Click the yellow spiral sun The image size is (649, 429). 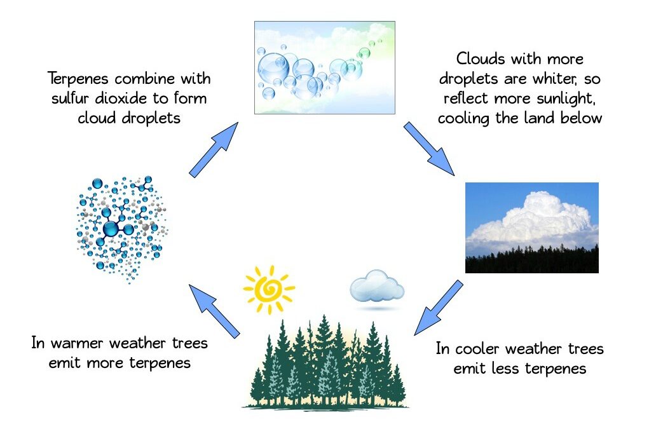269,289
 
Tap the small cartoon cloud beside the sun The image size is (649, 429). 377,287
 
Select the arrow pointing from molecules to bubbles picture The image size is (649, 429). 214,150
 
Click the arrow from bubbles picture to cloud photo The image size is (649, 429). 429,149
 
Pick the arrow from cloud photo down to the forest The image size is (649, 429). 439,308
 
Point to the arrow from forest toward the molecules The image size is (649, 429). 214,311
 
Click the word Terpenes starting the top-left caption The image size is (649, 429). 78,79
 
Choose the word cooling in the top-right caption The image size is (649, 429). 463,119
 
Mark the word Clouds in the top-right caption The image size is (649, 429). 481,59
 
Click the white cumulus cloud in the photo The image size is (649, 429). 535,222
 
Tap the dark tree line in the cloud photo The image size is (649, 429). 532,260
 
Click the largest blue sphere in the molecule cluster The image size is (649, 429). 111,229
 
